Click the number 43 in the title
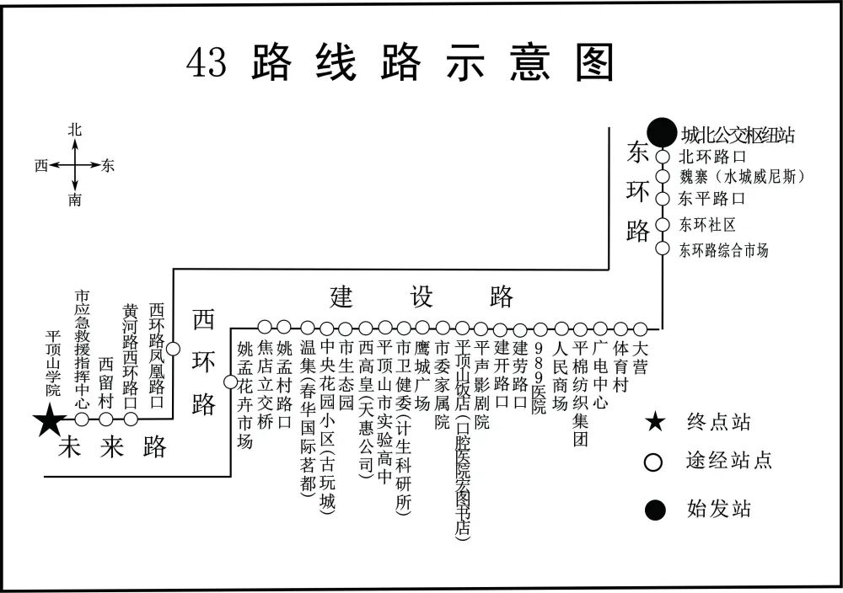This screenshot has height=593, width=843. point(207,63)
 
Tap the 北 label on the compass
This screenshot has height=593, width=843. point(75,130)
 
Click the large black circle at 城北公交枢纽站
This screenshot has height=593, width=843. point(662,132)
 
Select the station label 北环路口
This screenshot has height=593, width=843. point(713,157)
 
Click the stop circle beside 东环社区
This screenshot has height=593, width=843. point(663,225)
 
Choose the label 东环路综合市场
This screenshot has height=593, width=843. point(724,250)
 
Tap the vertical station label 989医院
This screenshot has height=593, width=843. point(540,377)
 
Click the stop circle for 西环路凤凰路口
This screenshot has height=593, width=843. point(173,348)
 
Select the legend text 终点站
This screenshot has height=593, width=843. point(719,422)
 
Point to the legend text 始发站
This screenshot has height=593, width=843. point(719,508)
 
